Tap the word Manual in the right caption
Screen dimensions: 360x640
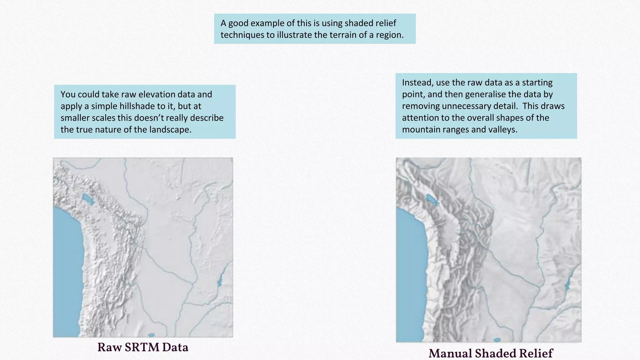pos(450,353)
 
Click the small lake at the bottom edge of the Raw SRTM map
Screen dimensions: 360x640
pos(151,335)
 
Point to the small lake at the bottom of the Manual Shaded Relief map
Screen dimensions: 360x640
pos(497,340)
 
